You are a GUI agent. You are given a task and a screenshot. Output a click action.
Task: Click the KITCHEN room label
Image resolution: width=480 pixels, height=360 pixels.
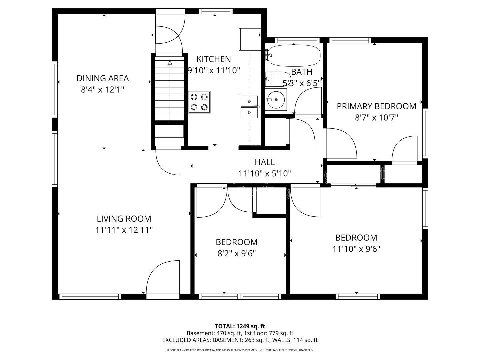(213, 59)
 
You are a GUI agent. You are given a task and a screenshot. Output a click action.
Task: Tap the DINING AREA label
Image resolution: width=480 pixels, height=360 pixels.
(103, 78)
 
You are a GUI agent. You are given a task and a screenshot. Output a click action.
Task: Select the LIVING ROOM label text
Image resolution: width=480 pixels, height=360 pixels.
(124, 219)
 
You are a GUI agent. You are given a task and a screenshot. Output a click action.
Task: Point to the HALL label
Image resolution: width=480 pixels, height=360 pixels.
(265, 162)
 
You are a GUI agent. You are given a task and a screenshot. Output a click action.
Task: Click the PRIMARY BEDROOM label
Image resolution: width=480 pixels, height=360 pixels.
(376, 106)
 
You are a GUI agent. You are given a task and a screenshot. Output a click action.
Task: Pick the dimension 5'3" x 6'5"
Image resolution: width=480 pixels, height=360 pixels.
(302, 83)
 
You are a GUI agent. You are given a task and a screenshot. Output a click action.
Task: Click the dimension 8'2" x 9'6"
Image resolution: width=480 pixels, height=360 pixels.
(236, 254)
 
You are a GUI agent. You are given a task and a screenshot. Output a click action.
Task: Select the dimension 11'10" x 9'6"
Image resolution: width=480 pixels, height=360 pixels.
(356, 249)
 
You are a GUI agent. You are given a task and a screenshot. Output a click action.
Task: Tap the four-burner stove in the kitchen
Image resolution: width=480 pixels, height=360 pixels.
(199, 102)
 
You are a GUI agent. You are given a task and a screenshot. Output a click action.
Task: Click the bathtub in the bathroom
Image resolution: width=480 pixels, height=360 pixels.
(294, 56)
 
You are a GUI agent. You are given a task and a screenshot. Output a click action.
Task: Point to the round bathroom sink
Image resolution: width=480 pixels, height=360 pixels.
(276, 100)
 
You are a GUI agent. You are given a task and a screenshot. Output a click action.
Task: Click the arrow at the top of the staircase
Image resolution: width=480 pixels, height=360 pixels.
(170, 63)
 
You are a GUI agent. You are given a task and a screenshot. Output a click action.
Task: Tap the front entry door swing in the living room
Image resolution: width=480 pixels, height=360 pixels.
(163, 277)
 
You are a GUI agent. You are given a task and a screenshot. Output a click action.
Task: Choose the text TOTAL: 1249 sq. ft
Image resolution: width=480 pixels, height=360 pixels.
(240, 326)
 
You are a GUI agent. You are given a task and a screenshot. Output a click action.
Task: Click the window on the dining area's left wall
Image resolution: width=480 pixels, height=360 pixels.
(55, 89)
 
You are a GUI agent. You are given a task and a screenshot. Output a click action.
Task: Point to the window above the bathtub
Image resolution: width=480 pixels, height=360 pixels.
(297, 40)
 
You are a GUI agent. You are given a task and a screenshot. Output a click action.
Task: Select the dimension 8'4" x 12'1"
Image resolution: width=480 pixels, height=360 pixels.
(103, 90)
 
